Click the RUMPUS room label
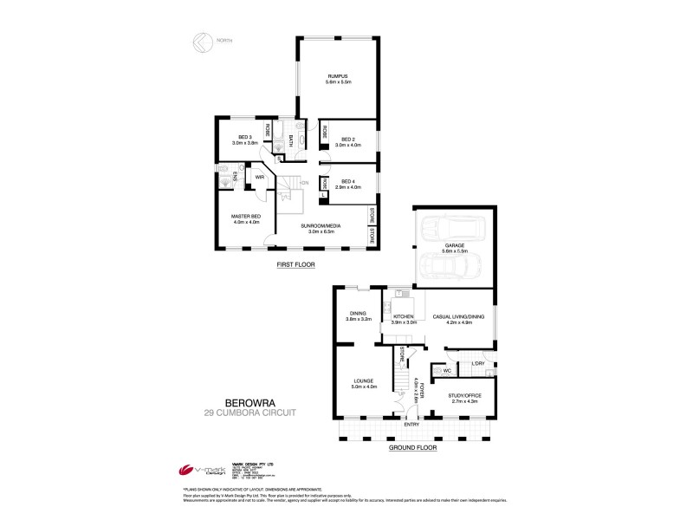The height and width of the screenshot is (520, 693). (338, 76)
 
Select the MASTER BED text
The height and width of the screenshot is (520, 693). (246, 216)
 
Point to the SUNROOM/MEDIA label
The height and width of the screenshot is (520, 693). (321, 226)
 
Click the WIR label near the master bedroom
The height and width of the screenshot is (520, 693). (259, 177)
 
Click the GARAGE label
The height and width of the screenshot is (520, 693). (455, 245)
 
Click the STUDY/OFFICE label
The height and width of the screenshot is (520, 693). (465, 395)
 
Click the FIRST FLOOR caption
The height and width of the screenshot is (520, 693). (295, 263)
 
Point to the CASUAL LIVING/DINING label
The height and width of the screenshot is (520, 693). (457, 317)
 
